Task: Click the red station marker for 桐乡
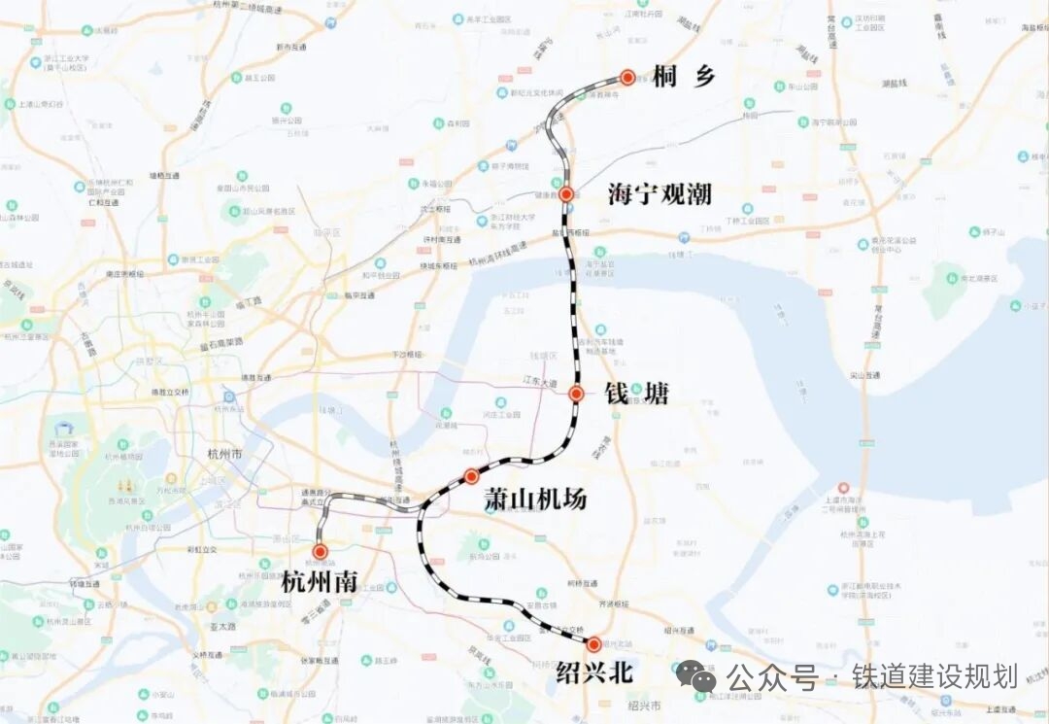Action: [627, 78]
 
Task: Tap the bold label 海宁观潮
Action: [660, 194]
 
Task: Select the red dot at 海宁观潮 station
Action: [566, 194]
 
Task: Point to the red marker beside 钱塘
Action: [576, 394]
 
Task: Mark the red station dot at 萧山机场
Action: [472, 476]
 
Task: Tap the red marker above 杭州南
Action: [321, 551]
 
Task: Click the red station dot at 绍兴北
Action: [593, 643]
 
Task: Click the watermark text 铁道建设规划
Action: [934, 676]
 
